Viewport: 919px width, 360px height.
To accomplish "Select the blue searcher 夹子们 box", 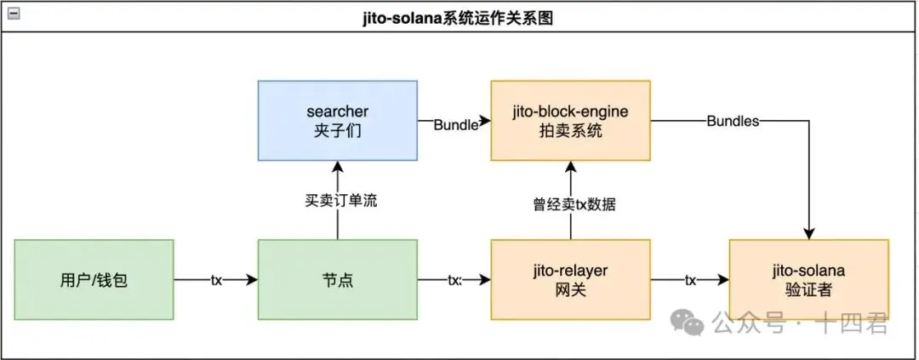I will pyautogui.click(x=338, y=121).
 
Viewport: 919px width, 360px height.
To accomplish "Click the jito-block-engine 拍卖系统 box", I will pyautogui.click(x=570, y=121).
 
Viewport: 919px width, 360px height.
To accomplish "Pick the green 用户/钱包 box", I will pyautogui.click(x=94, y=279).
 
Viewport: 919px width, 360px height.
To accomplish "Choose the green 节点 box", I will pyautogui.click(x=338, y=279).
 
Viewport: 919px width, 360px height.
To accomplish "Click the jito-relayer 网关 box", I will pyautogui.click(x=570, y=279).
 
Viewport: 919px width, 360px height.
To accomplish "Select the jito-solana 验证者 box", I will pyautogui.click(x=808, y=279).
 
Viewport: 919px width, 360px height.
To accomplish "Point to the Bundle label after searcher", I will pyautogui.click(x=455, y=125).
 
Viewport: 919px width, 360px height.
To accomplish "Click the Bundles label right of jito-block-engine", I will pyautogui.click(x=733, y=121).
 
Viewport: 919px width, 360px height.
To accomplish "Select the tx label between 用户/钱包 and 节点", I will pyautogui.click(x=216, y=279).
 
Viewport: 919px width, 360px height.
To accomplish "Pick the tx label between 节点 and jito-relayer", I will pyautogui.click(x=454, y=279).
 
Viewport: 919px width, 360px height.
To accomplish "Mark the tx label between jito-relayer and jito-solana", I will pyautogui.click(x=691, y=279).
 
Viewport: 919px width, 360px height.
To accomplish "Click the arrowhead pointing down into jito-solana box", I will pyautogui.click(x=809, y=233).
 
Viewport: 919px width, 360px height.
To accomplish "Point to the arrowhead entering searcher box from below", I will pyautogui.click(x=338, y=168).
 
